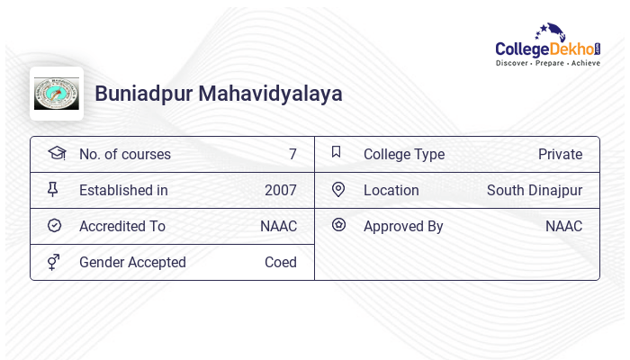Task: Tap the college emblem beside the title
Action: pos(57,94)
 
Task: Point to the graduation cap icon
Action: pos(56,153)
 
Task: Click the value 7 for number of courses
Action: pos(292,155)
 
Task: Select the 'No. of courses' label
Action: pos(125,155)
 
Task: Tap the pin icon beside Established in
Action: pos(53,189)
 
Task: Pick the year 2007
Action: pos(281,191)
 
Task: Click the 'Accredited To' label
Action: pos(122,227)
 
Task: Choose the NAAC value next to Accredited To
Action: pos(278,227)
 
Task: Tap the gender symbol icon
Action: pos(54,262)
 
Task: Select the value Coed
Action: pos(281,263)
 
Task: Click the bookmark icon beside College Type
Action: pos(337,152)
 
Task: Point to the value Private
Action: pos(560,155)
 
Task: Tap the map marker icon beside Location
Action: pos(338,189)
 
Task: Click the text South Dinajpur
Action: pos(535,191)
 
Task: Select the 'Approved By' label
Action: pos(403,227)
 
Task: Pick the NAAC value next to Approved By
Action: pos(563,227)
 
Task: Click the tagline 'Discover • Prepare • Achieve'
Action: pos(548,64)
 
